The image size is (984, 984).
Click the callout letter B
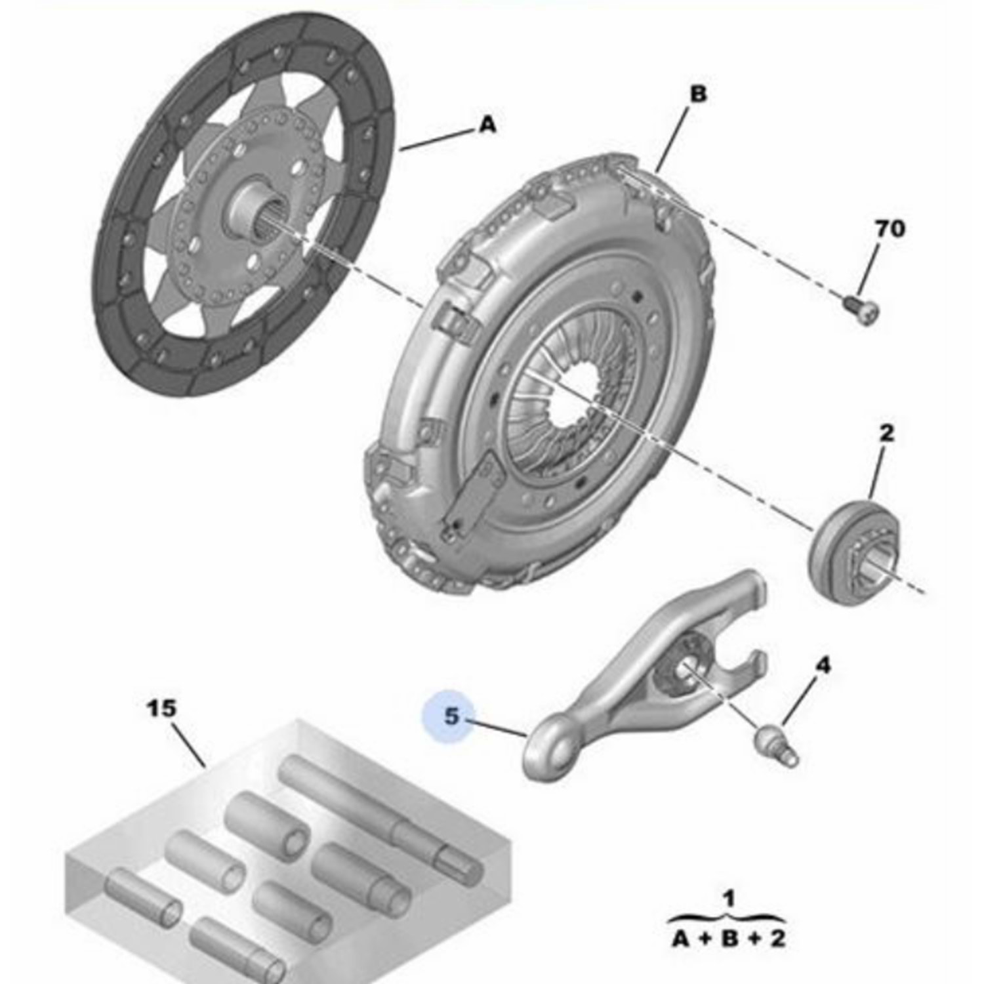point(699,94)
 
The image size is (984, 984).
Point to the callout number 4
point(822,666)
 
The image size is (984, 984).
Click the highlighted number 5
point(452,716)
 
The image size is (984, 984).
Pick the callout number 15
point(161,708)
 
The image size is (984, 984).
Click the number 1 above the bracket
point(729,898)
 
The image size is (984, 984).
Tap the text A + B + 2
point(729,939)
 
